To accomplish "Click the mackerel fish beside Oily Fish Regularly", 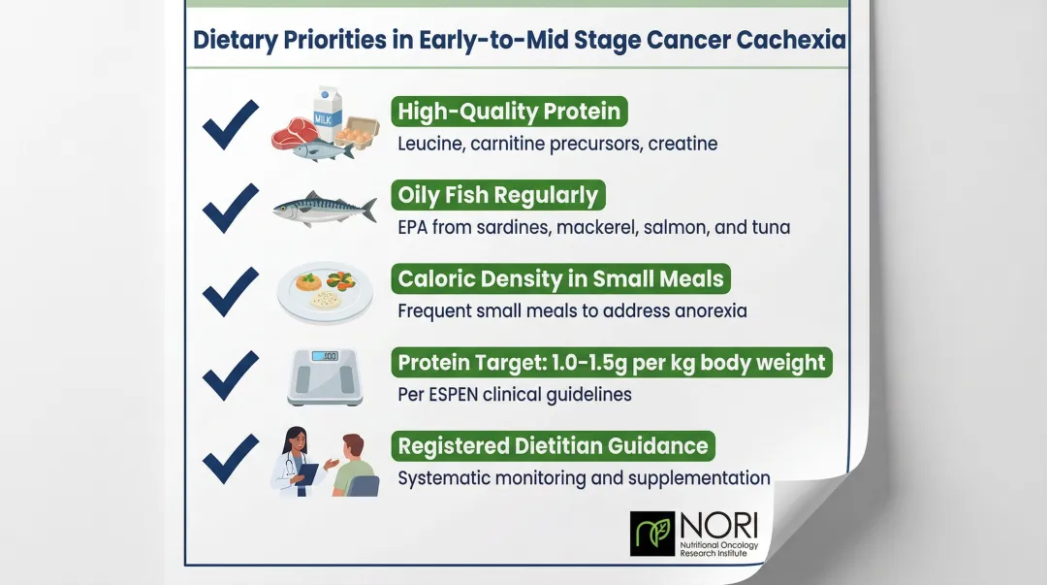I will [x=324, y=208].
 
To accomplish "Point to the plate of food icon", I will [x=324, y=291].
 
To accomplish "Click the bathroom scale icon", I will [x=325, y=375].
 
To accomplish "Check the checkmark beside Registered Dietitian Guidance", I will [x=230, y=458].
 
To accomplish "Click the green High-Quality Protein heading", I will [x=509, y=112].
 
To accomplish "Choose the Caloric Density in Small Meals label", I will [x=560, y=279].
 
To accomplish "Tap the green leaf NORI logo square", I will [x=651, y=534].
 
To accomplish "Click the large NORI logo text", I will [x=718, y=525].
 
